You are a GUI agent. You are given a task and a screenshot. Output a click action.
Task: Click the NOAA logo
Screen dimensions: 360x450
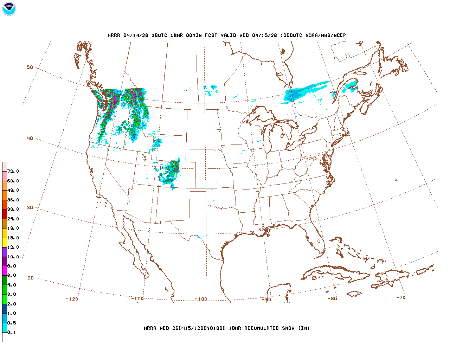[x=9, y=9]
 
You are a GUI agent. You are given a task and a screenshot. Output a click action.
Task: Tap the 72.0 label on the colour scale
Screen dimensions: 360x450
[x=13, y=172]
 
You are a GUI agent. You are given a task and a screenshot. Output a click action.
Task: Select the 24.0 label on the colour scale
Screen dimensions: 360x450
[x=13, y=219]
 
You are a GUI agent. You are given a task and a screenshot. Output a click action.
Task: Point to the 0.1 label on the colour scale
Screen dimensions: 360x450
[x=12, y=333]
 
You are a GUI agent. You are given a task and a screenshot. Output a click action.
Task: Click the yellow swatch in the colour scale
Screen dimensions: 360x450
[x=5, y=242]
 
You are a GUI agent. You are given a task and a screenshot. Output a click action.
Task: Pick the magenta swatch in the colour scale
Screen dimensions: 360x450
[x=5, y=271]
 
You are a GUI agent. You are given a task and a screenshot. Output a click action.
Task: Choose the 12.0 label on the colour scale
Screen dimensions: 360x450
[x=13, y=247]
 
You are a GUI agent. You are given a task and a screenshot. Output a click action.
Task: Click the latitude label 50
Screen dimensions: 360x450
[x=30, y=67]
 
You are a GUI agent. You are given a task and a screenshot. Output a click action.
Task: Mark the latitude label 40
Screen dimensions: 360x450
[x=30, y=139]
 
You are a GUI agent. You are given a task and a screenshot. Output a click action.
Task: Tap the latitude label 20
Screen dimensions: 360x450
[x=31, y=278]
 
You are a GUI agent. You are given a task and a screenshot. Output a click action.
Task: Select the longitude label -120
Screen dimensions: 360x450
[x=72, y=299]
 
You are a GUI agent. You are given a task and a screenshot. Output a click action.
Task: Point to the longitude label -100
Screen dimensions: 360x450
[x=201, y=299]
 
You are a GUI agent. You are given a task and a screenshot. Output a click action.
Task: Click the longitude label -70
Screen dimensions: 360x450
[x=401, y=297]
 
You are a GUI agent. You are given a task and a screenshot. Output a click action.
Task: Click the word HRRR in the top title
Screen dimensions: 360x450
[x=114, y=36]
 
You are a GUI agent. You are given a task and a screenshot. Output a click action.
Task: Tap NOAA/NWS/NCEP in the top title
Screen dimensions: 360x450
[x=326, y=36]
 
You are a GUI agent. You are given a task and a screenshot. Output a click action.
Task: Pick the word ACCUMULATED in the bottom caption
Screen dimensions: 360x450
[x=262, y=328]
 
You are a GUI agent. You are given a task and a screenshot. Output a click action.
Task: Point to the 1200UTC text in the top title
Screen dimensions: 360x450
[x=291, y=36]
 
